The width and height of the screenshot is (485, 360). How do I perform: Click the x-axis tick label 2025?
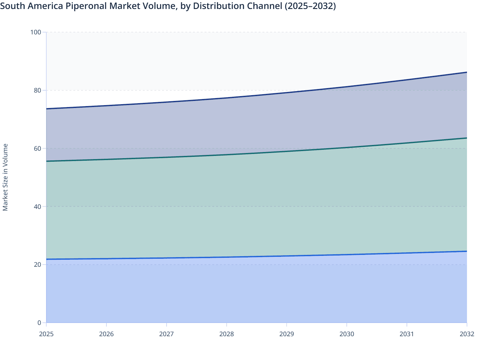tap(46, 334)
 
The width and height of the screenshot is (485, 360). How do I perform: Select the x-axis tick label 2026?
tap(106, 334)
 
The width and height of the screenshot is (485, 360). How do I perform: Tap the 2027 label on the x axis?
tap(167, 334)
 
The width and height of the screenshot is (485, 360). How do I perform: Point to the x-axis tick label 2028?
tap(227, 334)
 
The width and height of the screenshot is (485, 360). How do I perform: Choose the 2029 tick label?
tap(287, 334)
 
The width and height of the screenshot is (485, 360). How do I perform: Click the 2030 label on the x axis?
tap(347, 334)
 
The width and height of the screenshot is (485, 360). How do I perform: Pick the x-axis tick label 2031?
tap(407, 334)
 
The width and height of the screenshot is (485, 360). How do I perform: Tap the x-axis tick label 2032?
tap(467, 334)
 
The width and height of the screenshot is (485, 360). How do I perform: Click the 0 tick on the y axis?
tap(39, 323)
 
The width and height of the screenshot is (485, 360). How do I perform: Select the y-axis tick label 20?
tap(38, 265)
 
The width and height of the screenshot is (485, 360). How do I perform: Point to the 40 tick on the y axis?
tap(38, 206)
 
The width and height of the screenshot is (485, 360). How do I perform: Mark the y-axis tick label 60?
tap(38, 148)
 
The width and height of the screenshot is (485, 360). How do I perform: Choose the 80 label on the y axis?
tap(38, 90)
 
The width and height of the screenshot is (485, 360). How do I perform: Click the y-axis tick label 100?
tap(36, 32)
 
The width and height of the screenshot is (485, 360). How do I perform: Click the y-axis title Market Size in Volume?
tap(5, 177)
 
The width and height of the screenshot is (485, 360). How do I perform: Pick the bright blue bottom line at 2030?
tap(347, 255)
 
